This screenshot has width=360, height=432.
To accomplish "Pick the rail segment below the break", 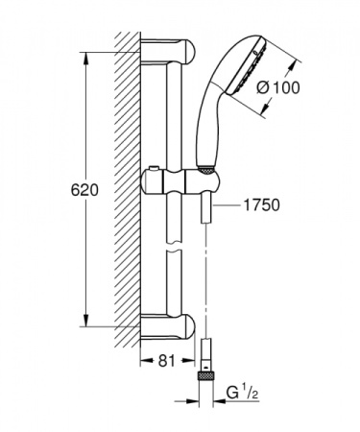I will click(x=174, y=288).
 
